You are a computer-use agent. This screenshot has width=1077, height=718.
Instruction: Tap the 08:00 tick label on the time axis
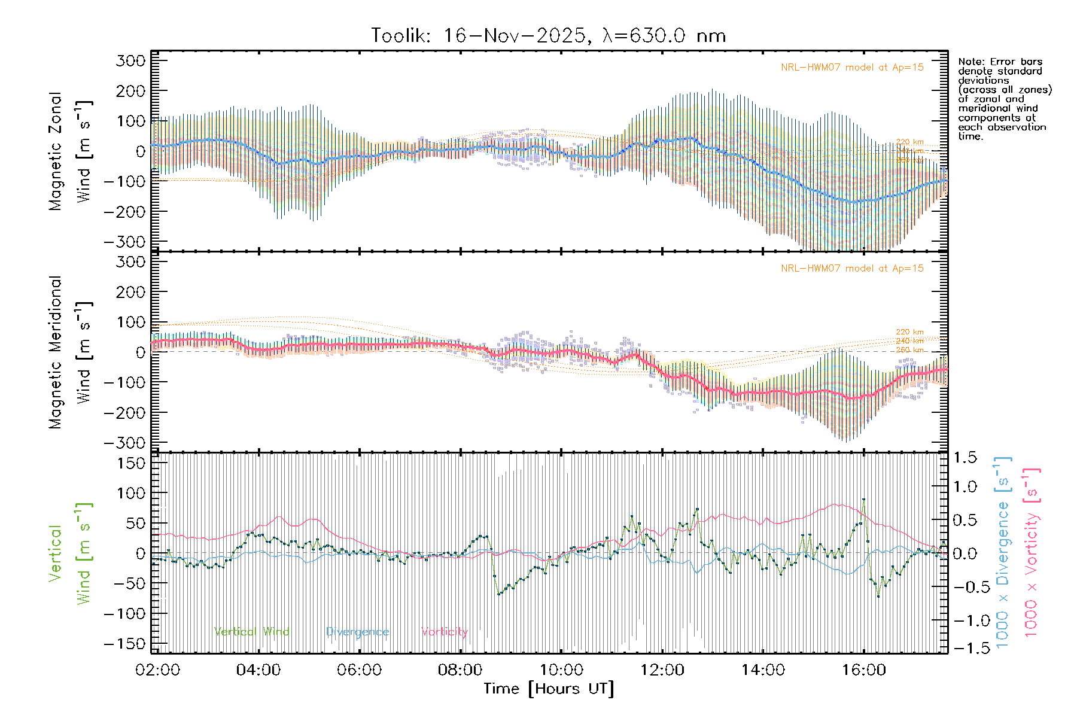pyautogui.click(x=460, y=670)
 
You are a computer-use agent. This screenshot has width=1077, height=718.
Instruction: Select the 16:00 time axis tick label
pyautogui.click(x=864, y=670)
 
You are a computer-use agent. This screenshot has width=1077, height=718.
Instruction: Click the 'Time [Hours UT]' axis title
pyautogui.click(x=549, y=689)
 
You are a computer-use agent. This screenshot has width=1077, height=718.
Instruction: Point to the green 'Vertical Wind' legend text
pyautogui.click(x=251, y=632)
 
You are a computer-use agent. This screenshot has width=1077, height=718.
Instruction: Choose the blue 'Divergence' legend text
pyautogui.click(x=357, y=632)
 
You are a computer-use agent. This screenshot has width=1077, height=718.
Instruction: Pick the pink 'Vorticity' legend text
pyautogui.click(x=444, y=632)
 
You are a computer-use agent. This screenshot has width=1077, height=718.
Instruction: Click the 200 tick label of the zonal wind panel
pyautogui.click(x=131, y=91)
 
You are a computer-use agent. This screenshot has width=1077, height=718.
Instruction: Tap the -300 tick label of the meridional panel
pyautogui.click(x=124, y=443)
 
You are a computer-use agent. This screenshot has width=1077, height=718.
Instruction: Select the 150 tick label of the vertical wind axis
pyautogui.click(x=131, y=463)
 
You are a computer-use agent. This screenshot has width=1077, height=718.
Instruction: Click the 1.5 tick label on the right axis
pyautogui.click(x=965, y=458)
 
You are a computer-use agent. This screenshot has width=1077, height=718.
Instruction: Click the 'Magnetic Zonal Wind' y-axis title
pyautogui.click(x=71, y=151)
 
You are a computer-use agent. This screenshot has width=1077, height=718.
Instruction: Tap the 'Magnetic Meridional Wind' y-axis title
pyautogui.click(x=71, y=352)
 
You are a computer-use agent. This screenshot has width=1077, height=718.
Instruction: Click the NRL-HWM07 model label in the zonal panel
pyautogui.click(x=852, y=68)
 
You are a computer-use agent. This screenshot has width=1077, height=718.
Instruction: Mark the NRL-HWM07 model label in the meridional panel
pyautogui.click(x=852, y=269)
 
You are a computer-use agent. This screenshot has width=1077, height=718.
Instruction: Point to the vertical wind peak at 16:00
pyautogui.click(x=863, y=500)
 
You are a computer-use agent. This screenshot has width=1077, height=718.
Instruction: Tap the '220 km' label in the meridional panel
pyautogui.click(x=909, y=332)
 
